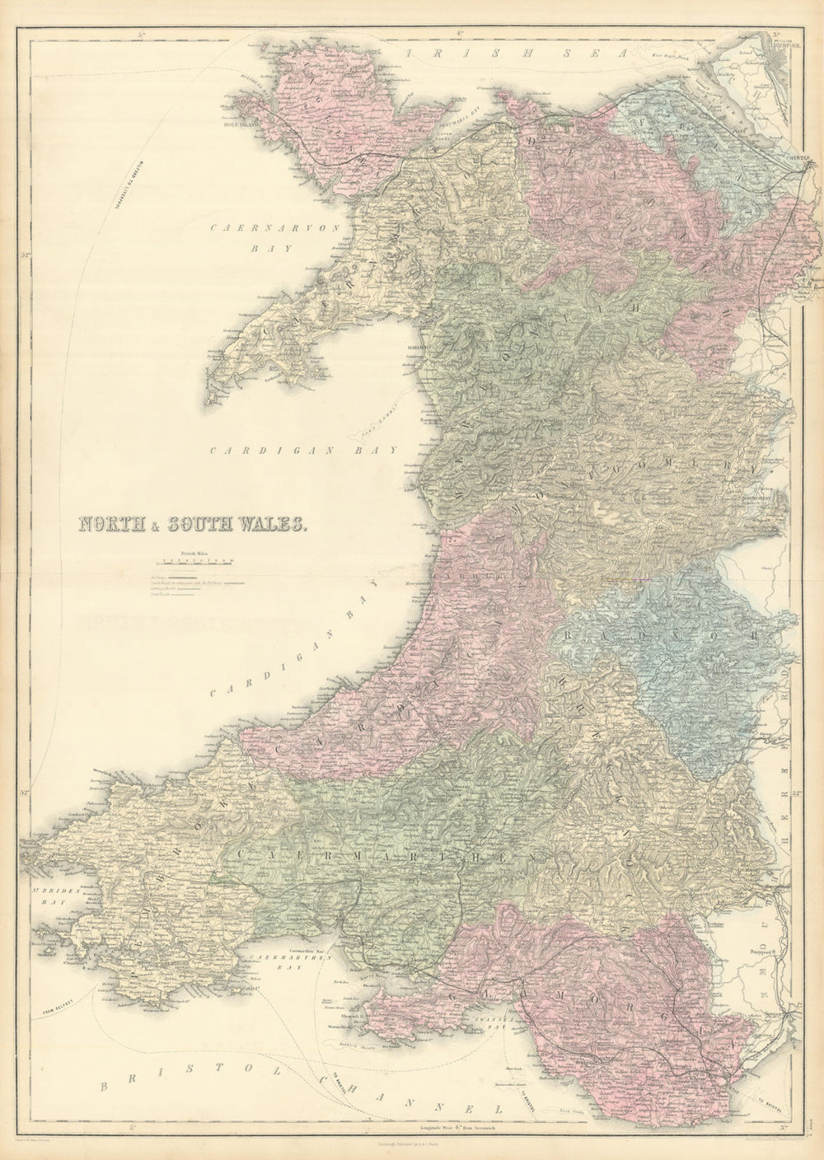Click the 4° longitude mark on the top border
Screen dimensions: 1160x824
[x=456, y=34]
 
